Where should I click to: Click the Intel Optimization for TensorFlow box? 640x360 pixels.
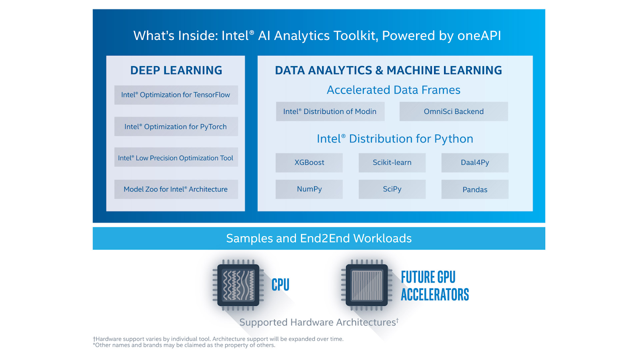[x=176, y=95]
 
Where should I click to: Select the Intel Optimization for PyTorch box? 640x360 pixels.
[x=176, y=126]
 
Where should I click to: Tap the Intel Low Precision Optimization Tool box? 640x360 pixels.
[x=176, y=157]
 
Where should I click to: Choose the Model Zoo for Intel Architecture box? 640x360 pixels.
[x=176, y=189]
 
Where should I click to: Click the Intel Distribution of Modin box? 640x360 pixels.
[x=330, y=112]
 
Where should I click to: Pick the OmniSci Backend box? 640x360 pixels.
[x=454, y=112]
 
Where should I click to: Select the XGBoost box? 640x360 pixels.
[x=309, y=162]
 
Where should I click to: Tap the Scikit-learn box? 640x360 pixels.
[x=392, y=162]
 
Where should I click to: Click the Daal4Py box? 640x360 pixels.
[x=475, y=162]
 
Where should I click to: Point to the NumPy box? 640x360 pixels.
[x=309, y=189]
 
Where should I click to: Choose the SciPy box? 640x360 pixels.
[x=392, y=189]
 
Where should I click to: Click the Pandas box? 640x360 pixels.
[x=475, y=189]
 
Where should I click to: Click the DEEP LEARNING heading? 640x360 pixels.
[x=176, y=70]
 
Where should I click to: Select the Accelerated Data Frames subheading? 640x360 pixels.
[x=394, y=90]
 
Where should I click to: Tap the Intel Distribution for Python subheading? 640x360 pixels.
[x=395, y=139]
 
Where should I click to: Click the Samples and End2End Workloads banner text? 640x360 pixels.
[x=319, y=238]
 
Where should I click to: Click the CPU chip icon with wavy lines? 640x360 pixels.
[x=238, y=285]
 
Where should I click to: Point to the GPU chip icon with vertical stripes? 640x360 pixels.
[x=367, y=285]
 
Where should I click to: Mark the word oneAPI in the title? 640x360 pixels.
[x=479, y=36]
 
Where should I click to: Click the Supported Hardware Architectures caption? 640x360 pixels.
[x=319, y=322]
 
